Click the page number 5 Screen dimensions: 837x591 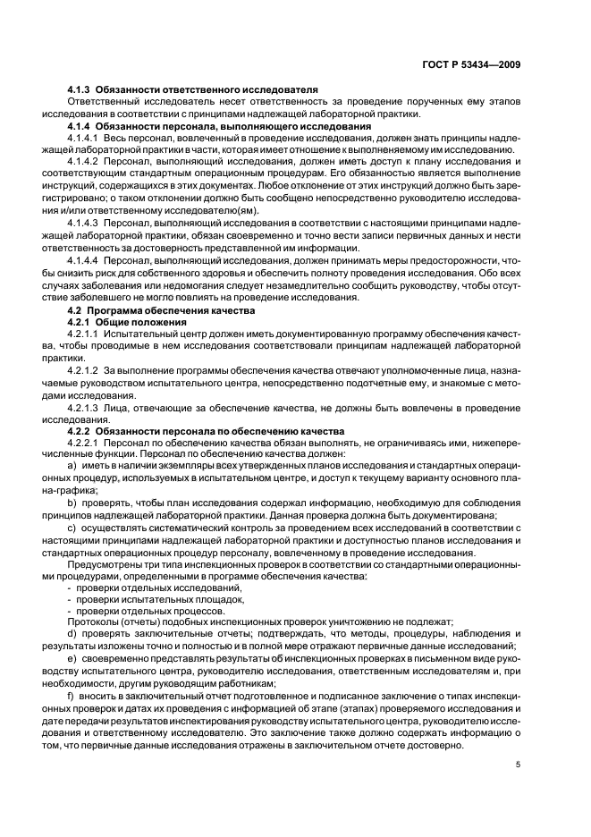point(519,764)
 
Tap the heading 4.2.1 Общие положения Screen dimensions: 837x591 point(127,320)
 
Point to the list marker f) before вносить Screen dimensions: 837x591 point(71,693)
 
